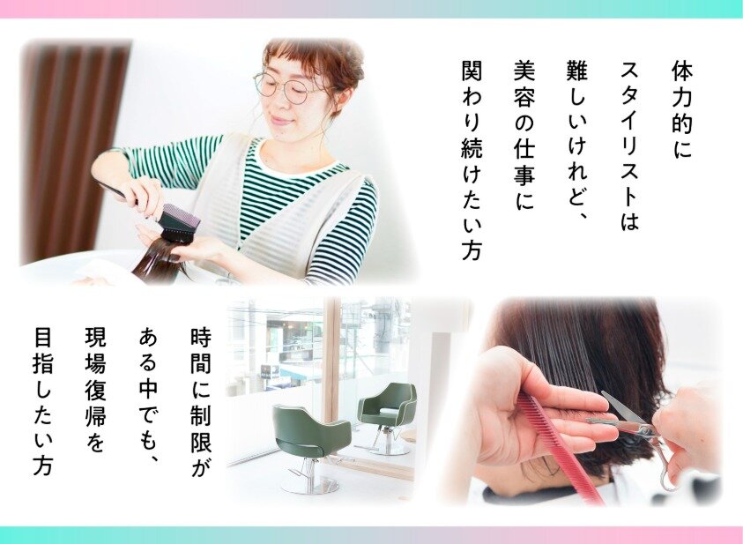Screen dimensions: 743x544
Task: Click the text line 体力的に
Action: click(x=682, y=109)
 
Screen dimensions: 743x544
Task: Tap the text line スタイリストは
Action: click(x=630, y=145)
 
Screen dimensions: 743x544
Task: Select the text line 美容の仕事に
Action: click(x=524, y=135)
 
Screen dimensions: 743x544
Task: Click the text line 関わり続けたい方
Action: click(x=472, y=160)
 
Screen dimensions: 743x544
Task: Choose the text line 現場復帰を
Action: click(x=96, y=389)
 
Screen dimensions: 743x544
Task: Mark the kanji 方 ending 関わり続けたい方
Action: click(x=472, y=250)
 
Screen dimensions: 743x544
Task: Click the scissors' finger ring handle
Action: click(x=666, y=469)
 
